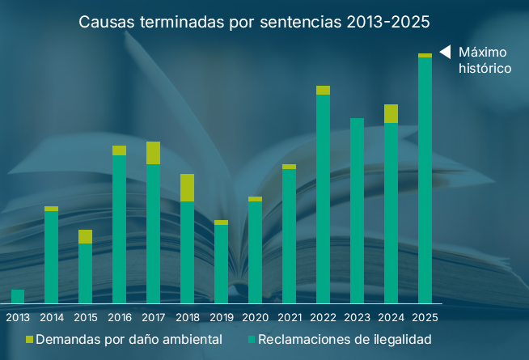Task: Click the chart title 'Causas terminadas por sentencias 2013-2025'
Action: (x=254, y=21)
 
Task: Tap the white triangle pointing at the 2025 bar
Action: (x=444, y=52)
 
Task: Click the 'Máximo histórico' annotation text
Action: (x=485, y=61)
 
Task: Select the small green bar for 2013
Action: (x=18, y=296)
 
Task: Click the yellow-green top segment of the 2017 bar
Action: (x=153, y=153)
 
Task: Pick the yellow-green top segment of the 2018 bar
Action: (x=187, y=188)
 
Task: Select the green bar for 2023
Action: (x=357, y=210)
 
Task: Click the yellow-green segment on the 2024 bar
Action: (x=391, y=113)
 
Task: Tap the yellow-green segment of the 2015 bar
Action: (x=85, y=236)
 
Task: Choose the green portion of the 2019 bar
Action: (x=221, y=264)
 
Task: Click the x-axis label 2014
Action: (x=52, y=317)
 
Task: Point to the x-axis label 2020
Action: (x=255, y=317)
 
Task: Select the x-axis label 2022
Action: (x=323, y=317)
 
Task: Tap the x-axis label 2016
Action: (x=120, y=317)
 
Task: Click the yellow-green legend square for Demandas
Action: (x=30, y=340)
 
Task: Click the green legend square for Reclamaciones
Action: (x=252, y=340)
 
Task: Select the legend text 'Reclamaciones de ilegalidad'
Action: (x=345, y=340)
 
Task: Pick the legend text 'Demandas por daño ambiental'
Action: (x=129, y=340)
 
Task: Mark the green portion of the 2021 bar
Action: (x=289, y=235)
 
